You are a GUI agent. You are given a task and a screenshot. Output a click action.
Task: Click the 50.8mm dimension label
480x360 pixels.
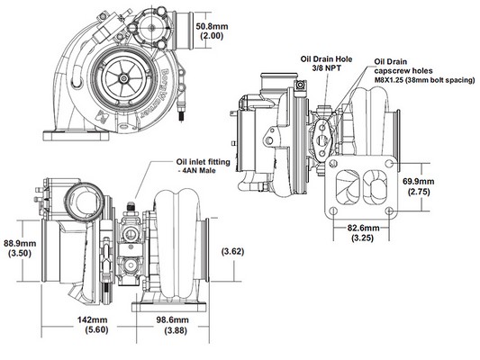212,26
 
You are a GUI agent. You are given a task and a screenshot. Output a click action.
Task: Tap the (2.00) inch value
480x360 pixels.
212,36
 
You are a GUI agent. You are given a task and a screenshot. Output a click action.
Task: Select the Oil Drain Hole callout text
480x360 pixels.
326,59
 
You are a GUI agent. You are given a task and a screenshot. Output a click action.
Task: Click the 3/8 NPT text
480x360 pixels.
326,67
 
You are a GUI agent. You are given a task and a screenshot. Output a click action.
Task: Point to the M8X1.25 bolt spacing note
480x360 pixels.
425,80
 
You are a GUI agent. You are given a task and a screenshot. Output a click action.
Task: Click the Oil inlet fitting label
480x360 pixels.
203,162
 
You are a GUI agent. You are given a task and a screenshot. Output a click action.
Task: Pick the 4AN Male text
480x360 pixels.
197,171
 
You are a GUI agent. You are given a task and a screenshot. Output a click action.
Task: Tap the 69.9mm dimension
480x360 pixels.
418,182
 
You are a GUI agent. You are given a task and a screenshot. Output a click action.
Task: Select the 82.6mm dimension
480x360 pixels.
363,229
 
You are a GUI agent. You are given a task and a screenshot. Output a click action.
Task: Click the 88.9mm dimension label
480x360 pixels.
20,244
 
